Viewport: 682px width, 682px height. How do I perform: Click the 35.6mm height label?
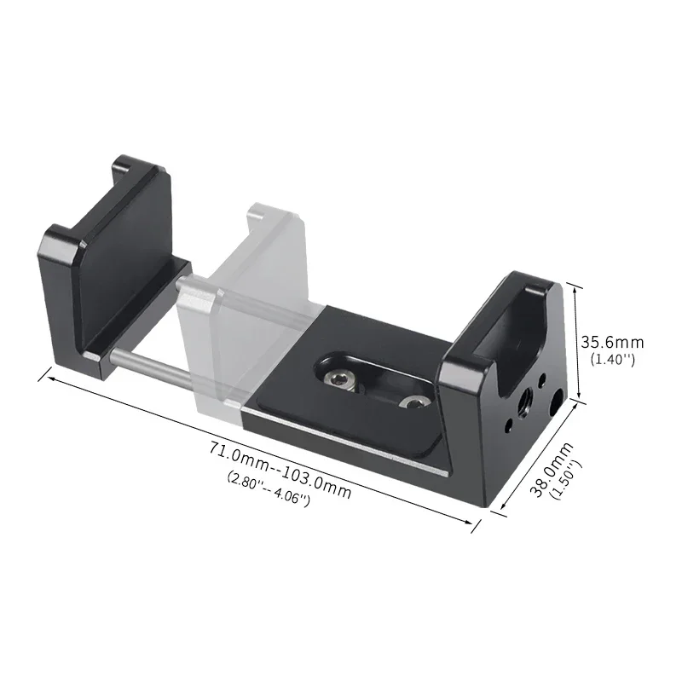[612, 342]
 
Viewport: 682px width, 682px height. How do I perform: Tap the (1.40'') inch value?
[612, 360]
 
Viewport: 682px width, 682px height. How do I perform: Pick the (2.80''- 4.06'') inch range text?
[269, 488]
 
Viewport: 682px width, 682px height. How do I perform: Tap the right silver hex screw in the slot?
[414, 402]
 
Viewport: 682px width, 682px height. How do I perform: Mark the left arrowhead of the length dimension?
[43, 373]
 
